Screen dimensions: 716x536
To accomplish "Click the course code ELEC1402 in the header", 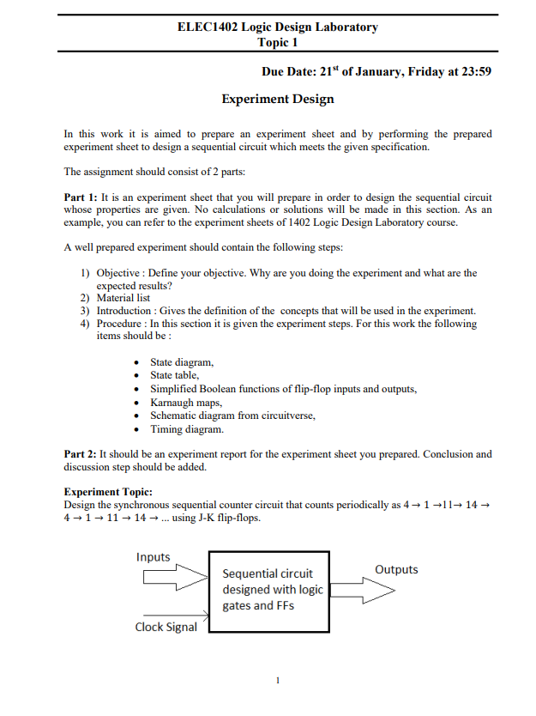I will [207, 27].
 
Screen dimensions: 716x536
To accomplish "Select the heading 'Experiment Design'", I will [277, 99].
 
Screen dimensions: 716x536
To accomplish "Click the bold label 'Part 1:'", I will [81, 197].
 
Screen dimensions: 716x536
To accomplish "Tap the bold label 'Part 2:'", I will [81, 454].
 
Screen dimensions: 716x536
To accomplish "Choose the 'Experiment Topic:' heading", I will [108, 492].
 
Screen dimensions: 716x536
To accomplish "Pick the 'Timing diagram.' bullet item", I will [186, 428].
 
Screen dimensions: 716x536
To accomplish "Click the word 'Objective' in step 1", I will [119, 273].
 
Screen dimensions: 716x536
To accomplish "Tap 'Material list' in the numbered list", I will [123, 298].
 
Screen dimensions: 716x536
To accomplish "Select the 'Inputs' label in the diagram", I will [154, 557].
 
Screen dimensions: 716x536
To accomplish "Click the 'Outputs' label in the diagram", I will [396, 569].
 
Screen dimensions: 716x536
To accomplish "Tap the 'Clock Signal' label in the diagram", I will [166, 627].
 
